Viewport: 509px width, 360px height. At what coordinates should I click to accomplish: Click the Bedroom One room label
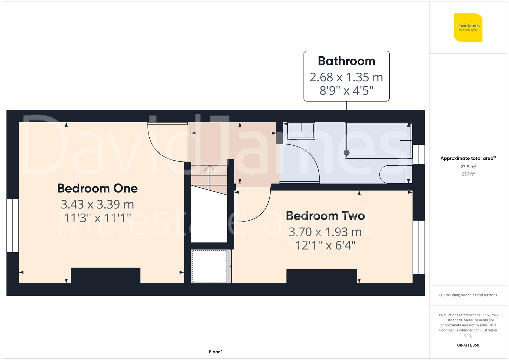97,188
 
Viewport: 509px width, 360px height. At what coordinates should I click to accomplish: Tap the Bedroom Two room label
325,216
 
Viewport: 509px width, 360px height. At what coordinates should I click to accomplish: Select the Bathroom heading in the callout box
346,61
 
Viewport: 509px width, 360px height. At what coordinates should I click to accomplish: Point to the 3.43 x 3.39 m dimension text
97,204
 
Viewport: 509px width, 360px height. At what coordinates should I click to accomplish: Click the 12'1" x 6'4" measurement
325,246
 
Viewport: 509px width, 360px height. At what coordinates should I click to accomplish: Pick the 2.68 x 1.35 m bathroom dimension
346,77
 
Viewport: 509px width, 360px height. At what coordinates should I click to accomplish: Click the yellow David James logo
468,27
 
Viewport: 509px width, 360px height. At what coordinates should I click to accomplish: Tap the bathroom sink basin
301,130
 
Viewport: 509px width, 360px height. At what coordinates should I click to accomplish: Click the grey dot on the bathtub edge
347,153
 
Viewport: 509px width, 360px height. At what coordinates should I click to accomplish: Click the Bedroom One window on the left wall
13,226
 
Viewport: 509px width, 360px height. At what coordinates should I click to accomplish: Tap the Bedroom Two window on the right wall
419,247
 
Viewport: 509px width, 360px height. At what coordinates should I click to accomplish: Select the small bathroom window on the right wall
419,154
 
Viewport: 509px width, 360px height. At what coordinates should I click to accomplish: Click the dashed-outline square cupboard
209,266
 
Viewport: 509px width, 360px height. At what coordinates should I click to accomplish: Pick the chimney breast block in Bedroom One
106,275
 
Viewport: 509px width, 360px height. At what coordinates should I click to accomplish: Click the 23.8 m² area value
468,167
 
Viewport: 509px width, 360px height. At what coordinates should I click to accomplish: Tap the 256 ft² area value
468,174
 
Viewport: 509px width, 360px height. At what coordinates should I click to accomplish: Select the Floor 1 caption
216,352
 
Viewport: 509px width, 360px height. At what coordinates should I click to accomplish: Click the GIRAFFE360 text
468,345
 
